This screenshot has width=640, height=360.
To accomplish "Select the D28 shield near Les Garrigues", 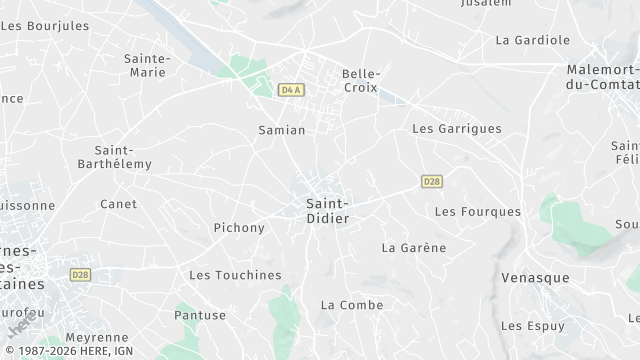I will click(432, 181).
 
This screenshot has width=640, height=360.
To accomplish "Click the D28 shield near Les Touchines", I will click(80, 274).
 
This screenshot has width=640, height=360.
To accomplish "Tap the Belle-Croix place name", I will click(361, 81).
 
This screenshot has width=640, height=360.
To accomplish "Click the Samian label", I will click(282, 130).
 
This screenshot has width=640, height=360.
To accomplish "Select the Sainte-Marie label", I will click(146, 65).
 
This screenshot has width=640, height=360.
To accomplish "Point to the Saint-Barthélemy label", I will click(122, 157).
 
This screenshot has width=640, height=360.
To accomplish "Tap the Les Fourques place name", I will click(478, 212).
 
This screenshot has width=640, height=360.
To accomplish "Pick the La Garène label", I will click(414, 247).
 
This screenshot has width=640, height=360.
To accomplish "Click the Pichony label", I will click(240, 228).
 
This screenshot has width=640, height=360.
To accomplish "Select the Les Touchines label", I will click(235, 275).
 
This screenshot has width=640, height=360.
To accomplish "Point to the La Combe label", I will click(346, 304).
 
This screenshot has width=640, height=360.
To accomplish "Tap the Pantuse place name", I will click(200, 315).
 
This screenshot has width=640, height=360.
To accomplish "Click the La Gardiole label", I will click(533, 40).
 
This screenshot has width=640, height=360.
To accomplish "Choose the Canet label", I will click(118, 204).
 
